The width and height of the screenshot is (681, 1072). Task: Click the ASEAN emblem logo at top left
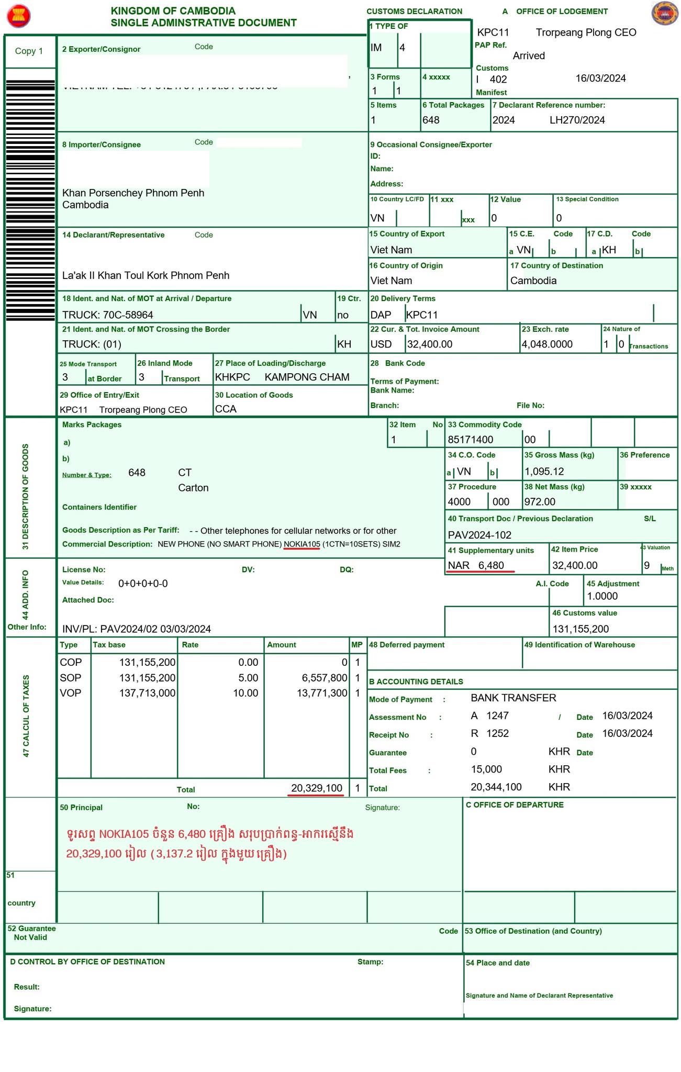point(19,16)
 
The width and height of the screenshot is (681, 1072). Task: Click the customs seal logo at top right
point(664,14)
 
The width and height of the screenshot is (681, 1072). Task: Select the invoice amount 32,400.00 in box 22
point(430,344)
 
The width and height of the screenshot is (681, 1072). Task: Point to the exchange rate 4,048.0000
point(547,344)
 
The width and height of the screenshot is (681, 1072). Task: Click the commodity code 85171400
point(471,440)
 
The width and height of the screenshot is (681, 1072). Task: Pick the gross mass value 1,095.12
point(544,472)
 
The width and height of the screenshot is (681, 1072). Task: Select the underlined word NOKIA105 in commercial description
point(302,544)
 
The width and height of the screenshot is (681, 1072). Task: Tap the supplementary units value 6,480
point(491,565)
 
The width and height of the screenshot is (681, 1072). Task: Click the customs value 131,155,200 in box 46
point(580,629)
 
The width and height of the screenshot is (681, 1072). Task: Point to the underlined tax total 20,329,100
point(317,788)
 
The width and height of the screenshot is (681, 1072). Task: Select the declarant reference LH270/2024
point(577,120)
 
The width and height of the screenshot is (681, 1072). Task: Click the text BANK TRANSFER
point(513,698)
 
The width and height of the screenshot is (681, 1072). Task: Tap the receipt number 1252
point(497,733)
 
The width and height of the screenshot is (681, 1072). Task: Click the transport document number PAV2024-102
point(479,535)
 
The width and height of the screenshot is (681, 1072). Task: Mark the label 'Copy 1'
point(29,51)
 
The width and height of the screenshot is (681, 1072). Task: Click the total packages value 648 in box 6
point(431,120)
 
